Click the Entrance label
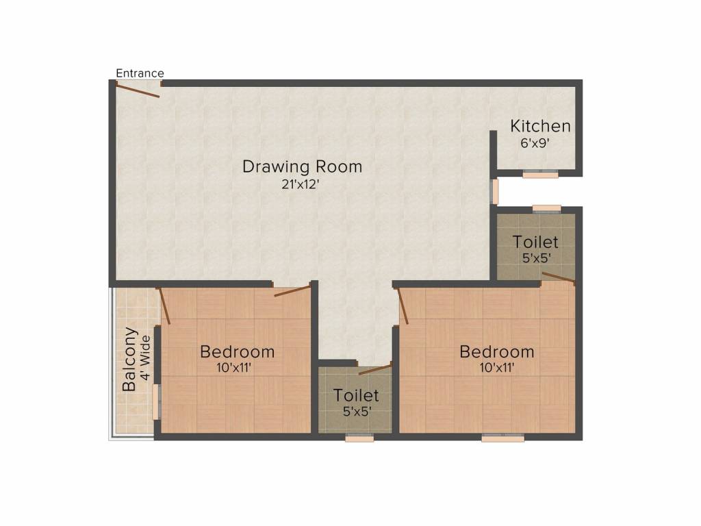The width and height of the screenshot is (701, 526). [x=140, y=73]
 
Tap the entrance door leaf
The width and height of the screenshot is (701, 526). [x=138, y=89]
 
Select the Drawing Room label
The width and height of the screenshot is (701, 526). [x=302, y=166]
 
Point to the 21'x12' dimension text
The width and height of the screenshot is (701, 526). [x=300, y=184]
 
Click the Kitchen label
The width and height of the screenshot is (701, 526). [x=540, y=126]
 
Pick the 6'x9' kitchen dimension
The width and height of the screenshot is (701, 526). [x=535, y=143]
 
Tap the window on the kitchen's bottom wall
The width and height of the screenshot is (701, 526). [x=540, y=175]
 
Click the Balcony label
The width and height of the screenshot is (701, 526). [x=129, y=359]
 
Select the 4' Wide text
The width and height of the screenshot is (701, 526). [x=145, y=358]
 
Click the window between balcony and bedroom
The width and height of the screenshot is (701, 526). [x=156, y=401]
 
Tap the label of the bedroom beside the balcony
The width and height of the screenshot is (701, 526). [x=237, y=351]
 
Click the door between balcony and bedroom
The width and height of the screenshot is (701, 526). [x=164, y=306]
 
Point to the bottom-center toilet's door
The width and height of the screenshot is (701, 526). [x=375, y=369]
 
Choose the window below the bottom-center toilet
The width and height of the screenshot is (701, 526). [x=359, y=438]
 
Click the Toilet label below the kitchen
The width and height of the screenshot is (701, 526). [x=535, y=242]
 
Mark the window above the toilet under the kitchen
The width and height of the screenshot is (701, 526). [x=546, y=208]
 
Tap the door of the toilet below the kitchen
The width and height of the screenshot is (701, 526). [x=559, y=278]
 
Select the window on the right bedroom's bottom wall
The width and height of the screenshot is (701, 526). [x=503, y=438]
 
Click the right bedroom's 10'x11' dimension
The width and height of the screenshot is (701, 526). [x=497, y=368]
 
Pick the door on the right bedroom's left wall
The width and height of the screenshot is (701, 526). [x=403, y=306]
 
